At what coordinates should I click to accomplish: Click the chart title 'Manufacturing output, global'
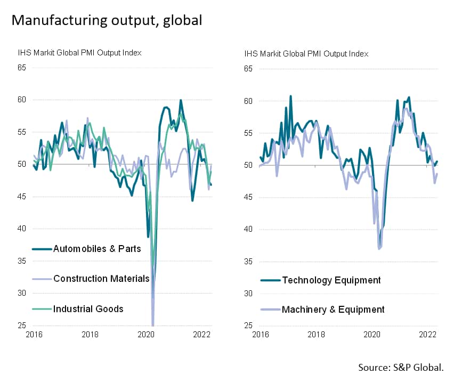[x=107, y=20]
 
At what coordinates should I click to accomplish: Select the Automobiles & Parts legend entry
[x=96, y=249]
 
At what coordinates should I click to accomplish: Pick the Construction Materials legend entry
[x=101, y=279]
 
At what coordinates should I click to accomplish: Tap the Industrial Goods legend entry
[x=88, y=308]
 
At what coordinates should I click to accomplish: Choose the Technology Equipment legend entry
[x=331, y=280]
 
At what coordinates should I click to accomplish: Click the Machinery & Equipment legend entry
[x=333, y=309]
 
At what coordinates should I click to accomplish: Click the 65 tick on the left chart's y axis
[x=22, y=68]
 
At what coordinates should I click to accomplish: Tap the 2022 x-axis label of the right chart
[x=428, y=335]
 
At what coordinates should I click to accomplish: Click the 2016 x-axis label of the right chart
[x=261, y=335]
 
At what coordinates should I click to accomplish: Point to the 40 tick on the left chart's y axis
[x=22, y=229]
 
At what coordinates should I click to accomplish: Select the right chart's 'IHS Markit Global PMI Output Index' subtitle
[x=306, y=53]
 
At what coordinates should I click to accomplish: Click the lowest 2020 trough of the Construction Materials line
[x=153, y=324]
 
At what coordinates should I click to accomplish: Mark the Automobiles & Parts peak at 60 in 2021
[x=181, y=100]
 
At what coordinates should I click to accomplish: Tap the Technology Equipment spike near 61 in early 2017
[x=290, y=96]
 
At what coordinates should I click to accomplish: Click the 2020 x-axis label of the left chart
[x=146, y=335]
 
